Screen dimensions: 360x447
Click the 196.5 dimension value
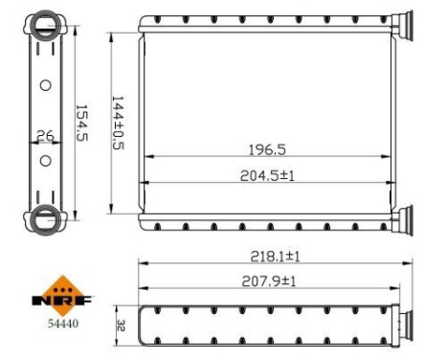tap(267, 149)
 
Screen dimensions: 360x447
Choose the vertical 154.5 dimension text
tap(81, 123)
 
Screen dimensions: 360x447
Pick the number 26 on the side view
tap(44, 136)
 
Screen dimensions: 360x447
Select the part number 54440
tap(64, 323)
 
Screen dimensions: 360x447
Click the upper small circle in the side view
tap(44, 86)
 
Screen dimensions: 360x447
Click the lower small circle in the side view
tap(44, 159)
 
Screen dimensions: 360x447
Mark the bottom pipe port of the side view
tap(44, 218)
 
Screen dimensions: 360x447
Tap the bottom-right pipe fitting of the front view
tap(405, 219)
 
